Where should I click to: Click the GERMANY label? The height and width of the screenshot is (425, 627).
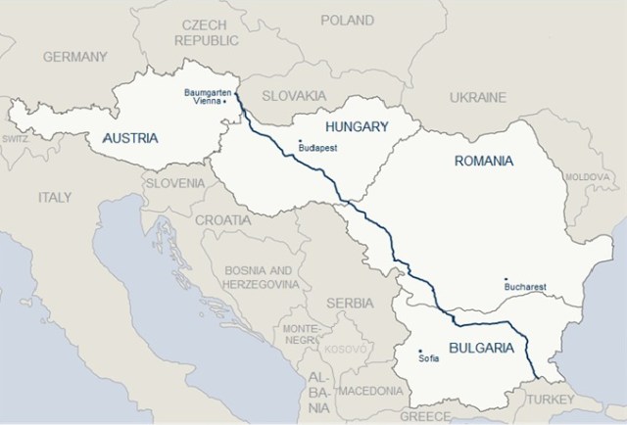(74, 57)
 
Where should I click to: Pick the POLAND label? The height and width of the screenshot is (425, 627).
(347, 20)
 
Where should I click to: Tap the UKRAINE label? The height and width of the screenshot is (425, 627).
(477, 98)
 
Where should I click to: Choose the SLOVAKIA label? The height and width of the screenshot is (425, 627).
(295, 96)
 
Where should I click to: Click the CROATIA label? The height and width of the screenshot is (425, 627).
(222, 220)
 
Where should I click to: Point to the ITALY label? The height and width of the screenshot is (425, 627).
(55, 197)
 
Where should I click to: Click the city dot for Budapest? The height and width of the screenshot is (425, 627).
(300, 143)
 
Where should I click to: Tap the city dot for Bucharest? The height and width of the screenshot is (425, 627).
(506, 279)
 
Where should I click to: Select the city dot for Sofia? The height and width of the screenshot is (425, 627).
(420, 351)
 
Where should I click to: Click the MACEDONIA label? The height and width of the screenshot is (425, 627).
(369, 391)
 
